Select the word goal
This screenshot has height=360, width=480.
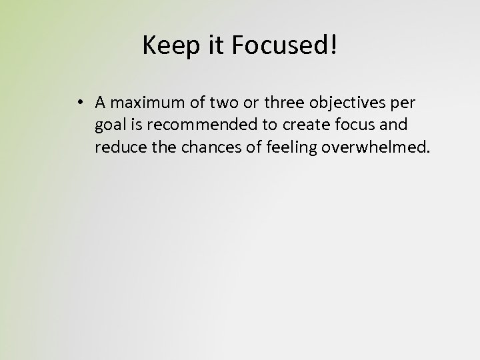pos(109,125)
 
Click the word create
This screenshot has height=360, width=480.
pos(298,124)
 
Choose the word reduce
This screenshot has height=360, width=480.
pos(117,146)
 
